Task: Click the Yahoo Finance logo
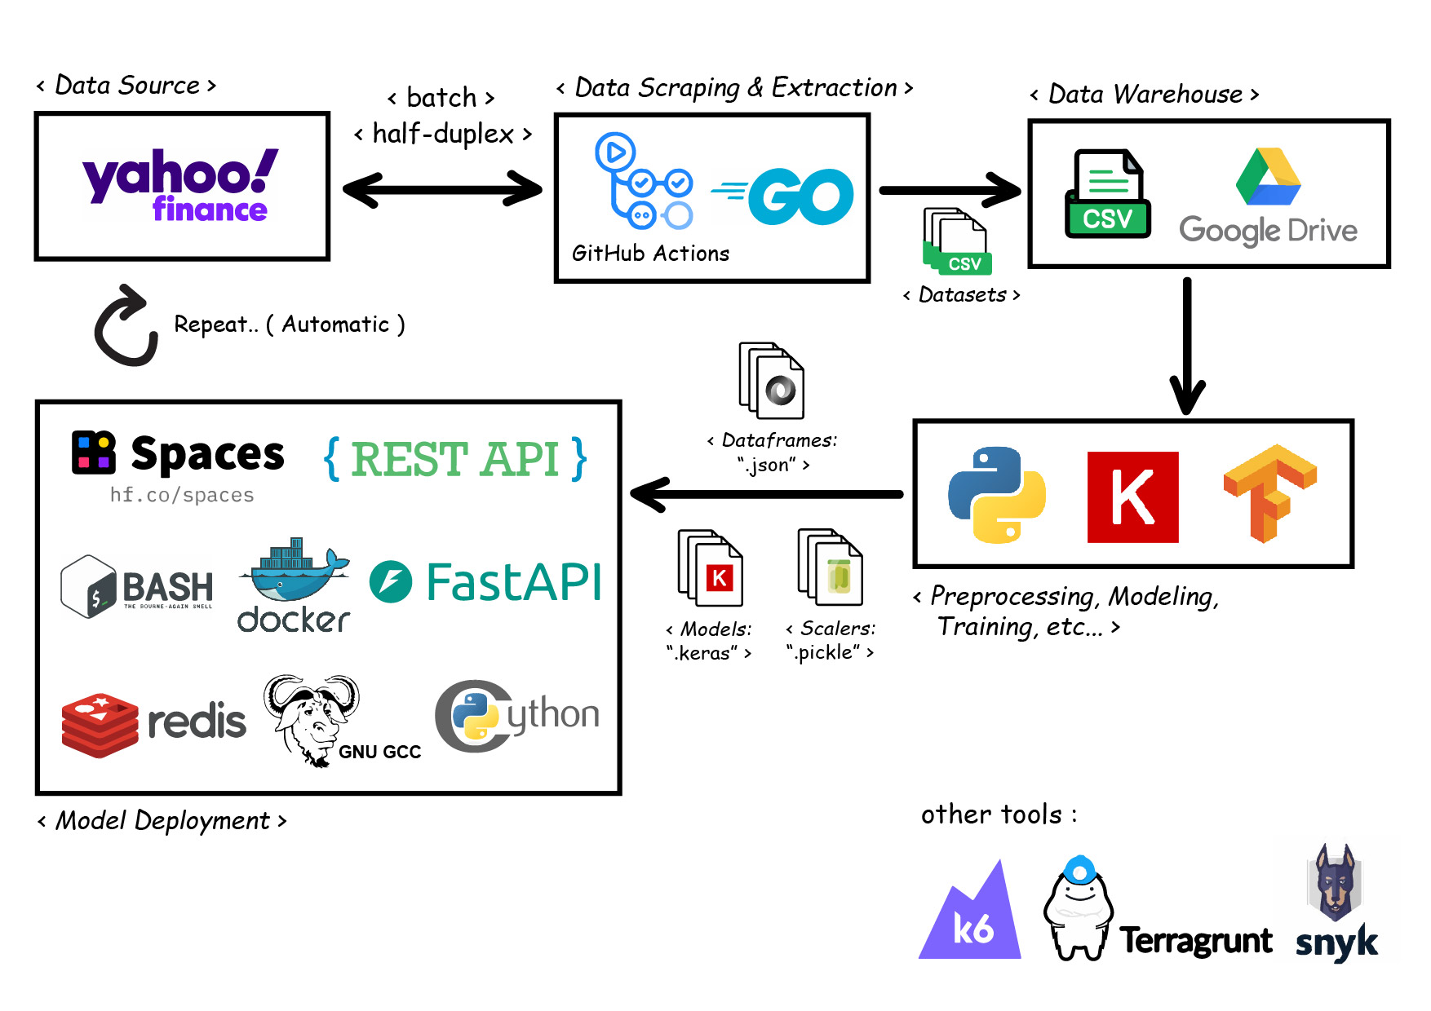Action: point(181,186)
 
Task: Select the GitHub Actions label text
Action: point(650,254)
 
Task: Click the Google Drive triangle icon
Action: point(1268,177)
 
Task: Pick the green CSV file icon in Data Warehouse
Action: point(1107,194)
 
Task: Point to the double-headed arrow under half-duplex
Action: point(442,189)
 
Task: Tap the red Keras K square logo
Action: point(1132,497)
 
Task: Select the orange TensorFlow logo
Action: point(1269,492)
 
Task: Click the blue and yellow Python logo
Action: point(997,495)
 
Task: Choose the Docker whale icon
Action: point(295,571)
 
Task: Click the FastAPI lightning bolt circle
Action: point(391,582)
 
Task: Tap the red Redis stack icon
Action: point(100,724)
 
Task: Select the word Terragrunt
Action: point(1195,941)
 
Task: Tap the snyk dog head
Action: point(1335,883)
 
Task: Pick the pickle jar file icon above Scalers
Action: point(831,567)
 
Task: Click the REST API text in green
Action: point(455,459)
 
